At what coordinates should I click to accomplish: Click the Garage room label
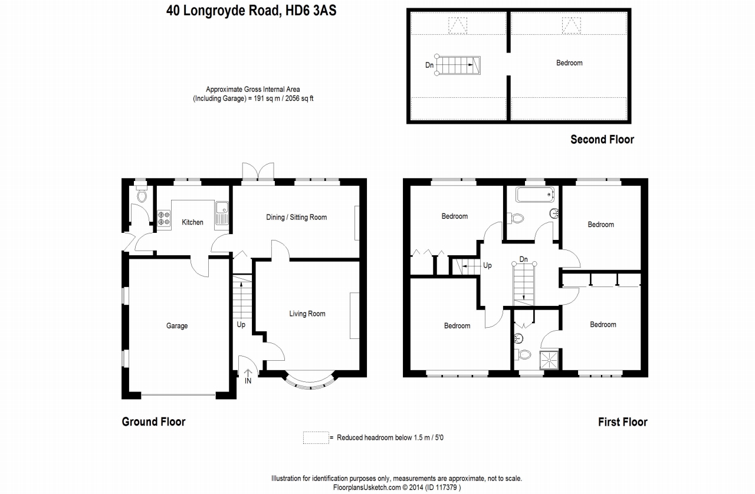pyautogui.click(x=177, y=326)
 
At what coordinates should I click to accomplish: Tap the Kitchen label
pyautogui.click(x=192, y=222)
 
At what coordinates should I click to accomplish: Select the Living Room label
pyautogui.click(x=307, y=314)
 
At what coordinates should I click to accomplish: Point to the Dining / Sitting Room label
pyautogui.click(x=296, y=218)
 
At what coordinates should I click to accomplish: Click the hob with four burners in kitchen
pyautogui.click(x=164, y=218)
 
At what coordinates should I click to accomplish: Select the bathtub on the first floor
pyautogui.click(x=535, y=195)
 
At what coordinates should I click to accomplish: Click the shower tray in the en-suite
pyautogui.click(x=549, y=360)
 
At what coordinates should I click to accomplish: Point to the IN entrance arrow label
pyautogui.click(x=248, y=377)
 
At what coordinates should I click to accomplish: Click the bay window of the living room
pyautogui.click(x=310, y=380)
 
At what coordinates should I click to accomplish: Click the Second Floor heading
pyautogui.click(x=602, y=140)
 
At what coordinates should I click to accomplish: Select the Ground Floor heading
pyautogui.click(x=154, y=422)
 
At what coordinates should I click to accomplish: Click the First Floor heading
pyautogui.click(x=622, y=422)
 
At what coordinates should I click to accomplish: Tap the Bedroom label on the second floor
pyautogui.click(x=569, y=63)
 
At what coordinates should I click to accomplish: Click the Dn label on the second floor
pyautogui.click(x=429, y=65)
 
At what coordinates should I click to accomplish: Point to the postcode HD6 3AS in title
pyautogui.click(x=311, y=11)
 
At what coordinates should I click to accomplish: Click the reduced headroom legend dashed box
pyautogui.click(x=316, y=438)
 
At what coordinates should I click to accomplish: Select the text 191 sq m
pyautogui.click(x=265, y=98)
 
